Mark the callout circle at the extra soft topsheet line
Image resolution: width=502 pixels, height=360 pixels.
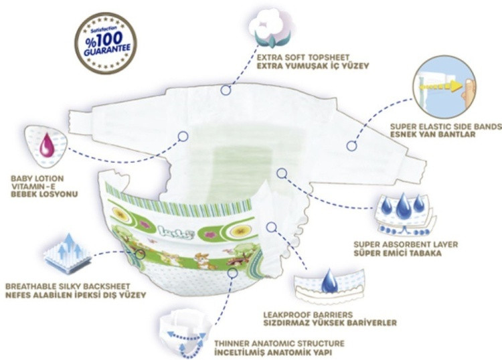(226, 89)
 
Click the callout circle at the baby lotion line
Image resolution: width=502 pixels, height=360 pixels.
(182, 136)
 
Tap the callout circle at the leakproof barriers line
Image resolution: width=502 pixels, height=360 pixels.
(270, 227)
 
